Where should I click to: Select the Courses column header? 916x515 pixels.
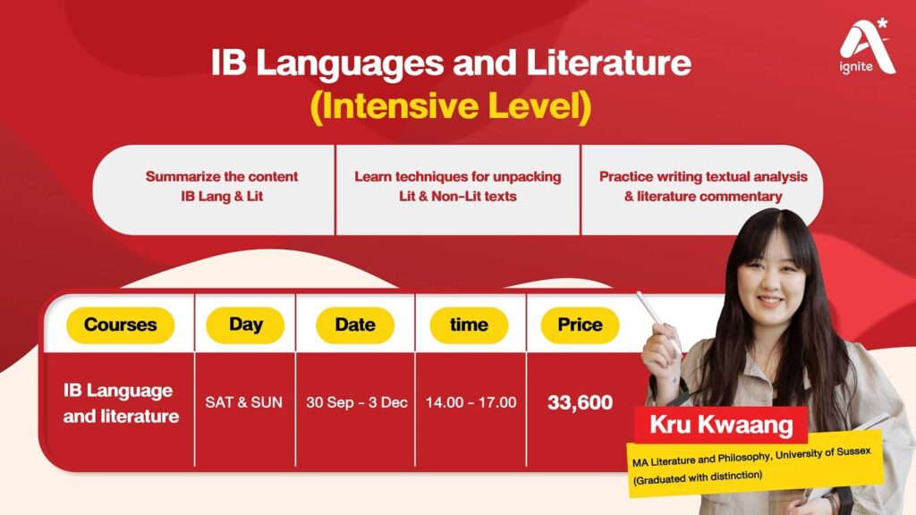pyautogui.click(x=120, y=325)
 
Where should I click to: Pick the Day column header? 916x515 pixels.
pyautogui.click(x=245, y=325)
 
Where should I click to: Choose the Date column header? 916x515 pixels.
pyautogui.click(x=355, y=325)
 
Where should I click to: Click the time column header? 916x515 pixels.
pyautogui.click(x=469, y=325)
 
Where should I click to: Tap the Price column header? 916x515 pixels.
pyautogui.click(x=580, y=325)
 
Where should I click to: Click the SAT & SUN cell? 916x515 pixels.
pyautogui.click(x=243, y=402)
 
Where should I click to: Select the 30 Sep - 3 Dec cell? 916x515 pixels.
pyautogui.click(x=356, y=402)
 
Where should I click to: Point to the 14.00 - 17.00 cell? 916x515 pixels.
pyautogui.click(x=471, y=402)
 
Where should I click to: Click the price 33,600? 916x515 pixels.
pyautogui.click(x=580, y=402)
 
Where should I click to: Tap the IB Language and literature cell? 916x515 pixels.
pyautogui.click(x=121, y=403)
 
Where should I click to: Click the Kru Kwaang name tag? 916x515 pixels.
pyautogui.click(x=721, y=424)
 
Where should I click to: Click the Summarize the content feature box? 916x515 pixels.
pyautogui.click(x=222, y=186)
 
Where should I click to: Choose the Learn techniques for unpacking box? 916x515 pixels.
pyautogui.click(x=457, y=186)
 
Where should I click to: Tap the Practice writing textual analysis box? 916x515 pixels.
pyautogui.click(x=702, y=186)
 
